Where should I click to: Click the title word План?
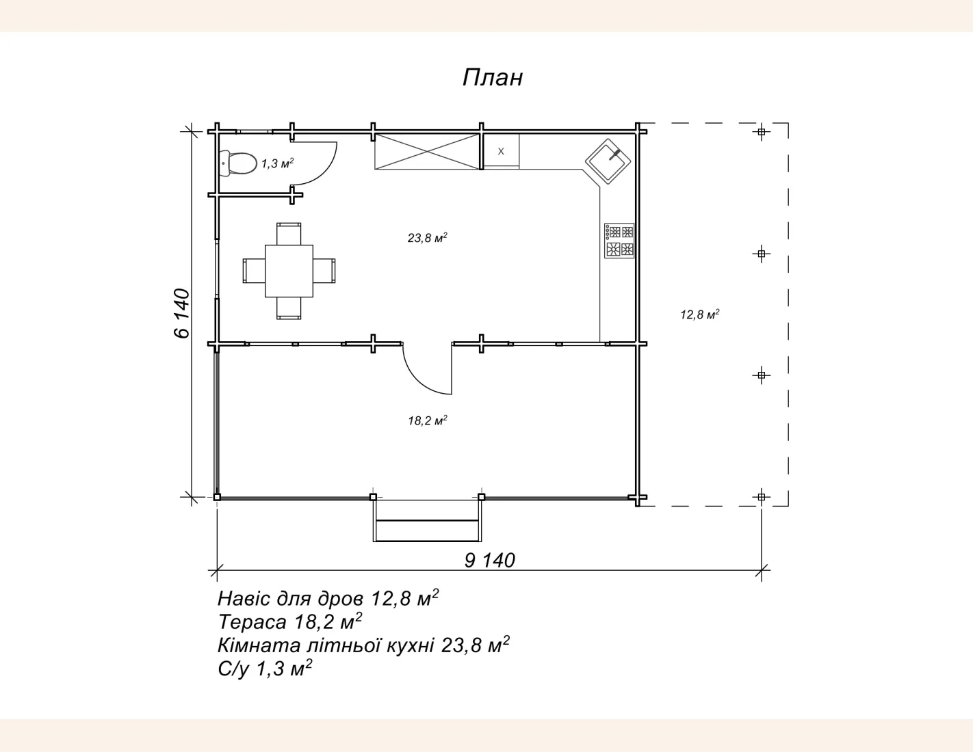pyautogui.click(x=492, y=78)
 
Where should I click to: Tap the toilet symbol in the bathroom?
pyautogui.click(x=237, y=163)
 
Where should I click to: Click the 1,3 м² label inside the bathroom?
pyautogui.click(x=278, y=163)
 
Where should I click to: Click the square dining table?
pyautogui.click(x=289, y=271)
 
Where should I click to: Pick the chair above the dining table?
pyautogui.click(x=289, y=234)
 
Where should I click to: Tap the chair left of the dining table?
pyautogui.click(x=254, y=271)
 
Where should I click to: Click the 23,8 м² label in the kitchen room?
pyautogui.click(x=427, y=237)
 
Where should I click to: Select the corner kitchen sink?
pyautogui.click(x=608, y=161)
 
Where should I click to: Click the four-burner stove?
pyautogui.click(x=619, y=241)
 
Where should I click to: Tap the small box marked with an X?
pyautogui.click(x=501, y=151)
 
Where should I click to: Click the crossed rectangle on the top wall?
pyautogui.click(x=427, y=152)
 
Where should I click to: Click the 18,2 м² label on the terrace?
pyautogui.click(x=428, y=420)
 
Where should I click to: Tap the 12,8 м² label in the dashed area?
pyautogui.click(x=700, y=314)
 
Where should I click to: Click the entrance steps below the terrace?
pyautogui.click(x=427, y=521)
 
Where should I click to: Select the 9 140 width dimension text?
pyautogui.click(x=490, y=561)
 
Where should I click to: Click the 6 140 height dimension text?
pyautogui.click(x=182, y=313)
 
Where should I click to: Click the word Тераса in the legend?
pyautogui.click(x=252, y=622)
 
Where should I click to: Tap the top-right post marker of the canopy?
pyautogui.click(x=761, y=132)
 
